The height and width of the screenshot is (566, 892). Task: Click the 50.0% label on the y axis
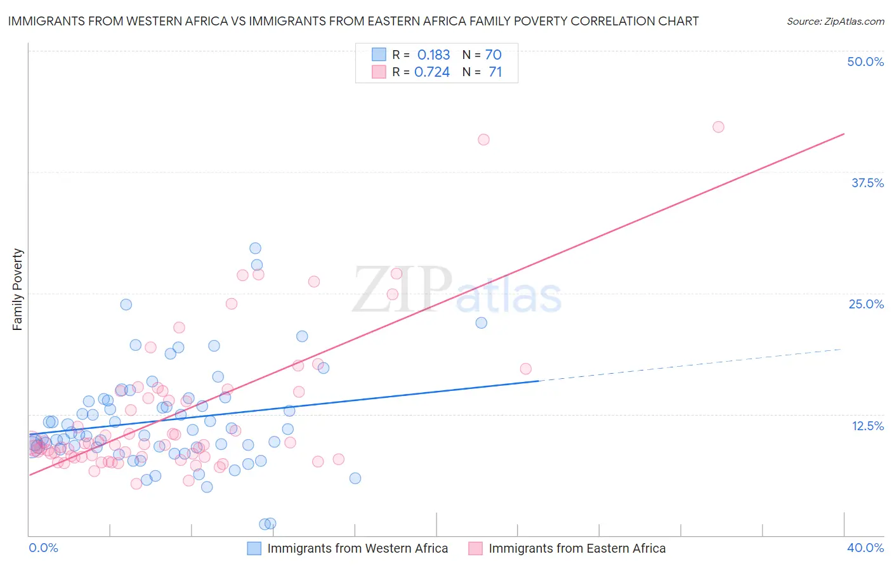[x=865, y=62]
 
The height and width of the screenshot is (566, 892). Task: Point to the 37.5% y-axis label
[x=867, y=183]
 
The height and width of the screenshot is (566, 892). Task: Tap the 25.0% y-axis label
[x=865, y=304]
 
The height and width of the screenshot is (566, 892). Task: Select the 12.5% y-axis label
[x=867, y=426]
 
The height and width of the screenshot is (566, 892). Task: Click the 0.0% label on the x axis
[x=43, y=548]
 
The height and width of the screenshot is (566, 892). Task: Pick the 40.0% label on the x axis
[x=865, y=548]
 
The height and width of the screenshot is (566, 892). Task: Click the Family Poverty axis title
[x=18, y=289]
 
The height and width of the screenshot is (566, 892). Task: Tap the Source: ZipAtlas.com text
[x=835, y=22]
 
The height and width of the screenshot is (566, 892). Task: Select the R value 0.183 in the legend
[x=433, y=55]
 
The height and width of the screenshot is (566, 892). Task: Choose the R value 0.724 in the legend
[x=432, y=72]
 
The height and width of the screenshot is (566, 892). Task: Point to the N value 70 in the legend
[x=493, y=55]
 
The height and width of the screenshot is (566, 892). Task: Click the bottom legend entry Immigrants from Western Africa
[x=357, y=548]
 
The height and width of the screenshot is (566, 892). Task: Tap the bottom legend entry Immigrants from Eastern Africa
[x=577, y=548]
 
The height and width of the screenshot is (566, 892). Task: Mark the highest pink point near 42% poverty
[x=718, y=127]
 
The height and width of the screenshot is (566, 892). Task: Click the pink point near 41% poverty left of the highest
[x=483, y=140]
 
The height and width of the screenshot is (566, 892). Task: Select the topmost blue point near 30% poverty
[x=255, y=248]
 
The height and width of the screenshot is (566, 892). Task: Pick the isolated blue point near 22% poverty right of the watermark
[x=482, y=322]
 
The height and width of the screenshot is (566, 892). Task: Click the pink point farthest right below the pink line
[x=525, y=369]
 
